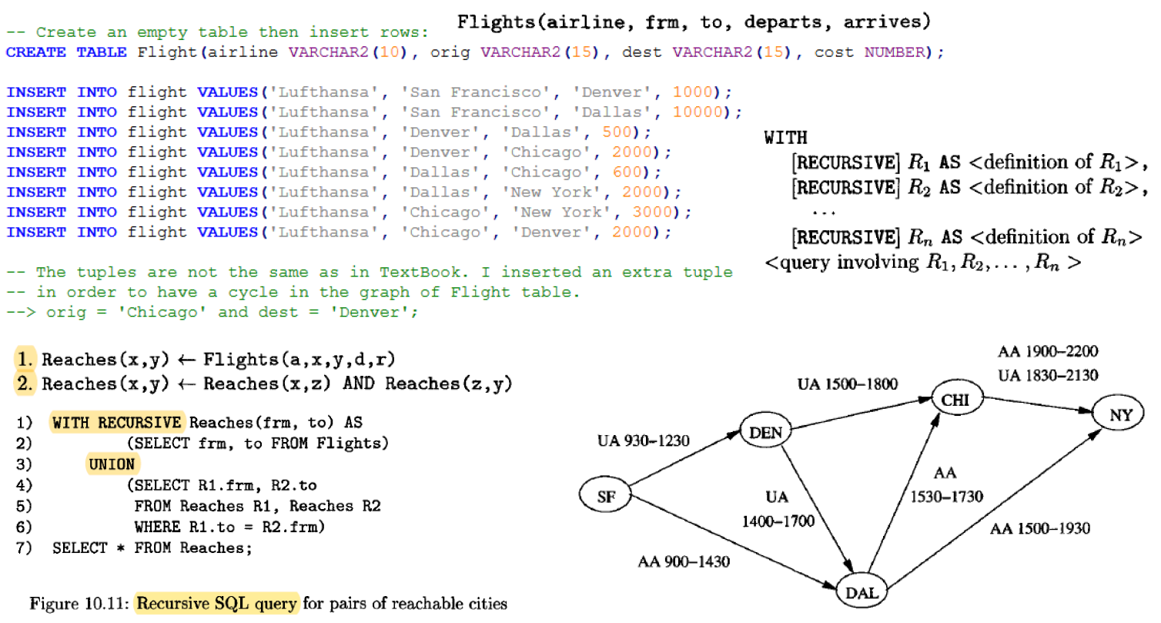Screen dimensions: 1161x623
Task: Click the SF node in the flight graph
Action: coord(605,494)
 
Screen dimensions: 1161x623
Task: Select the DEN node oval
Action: coord(765,430)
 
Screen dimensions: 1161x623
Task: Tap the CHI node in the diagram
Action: coord(957,398)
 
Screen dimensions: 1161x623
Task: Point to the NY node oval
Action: coord(1118,413)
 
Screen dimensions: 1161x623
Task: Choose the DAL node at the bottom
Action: coord(862,591)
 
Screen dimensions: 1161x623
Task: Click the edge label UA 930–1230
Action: coord(643,440)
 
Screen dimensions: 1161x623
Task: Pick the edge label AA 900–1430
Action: coord(684,561)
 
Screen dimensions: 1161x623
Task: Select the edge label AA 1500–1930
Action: coord(1039,528)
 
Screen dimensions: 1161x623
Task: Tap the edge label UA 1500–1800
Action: coord(848,384)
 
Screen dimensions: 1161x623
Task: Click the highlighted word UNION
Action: coord(112,464)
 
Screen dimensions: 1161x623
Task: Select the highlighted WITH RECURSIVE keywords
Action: coord(117,423)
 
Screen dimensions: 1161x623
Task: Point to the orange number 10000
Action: coord(698,112)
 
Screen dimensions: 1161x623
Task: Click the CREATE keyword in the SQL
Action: coord(35,52)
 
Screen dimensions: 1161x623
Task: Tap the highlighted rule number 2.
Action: coord(25,384)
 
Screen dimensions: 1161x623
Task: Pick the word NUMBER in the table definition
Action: coord(895,52)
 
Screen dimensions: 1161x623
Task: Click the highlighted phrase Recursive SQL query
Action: coord(216,603)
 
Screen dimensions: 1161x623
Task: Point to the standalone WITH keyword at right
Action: coord(785,138)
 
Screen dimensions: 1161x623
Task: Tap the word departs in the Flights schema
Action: coord(783,22)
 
